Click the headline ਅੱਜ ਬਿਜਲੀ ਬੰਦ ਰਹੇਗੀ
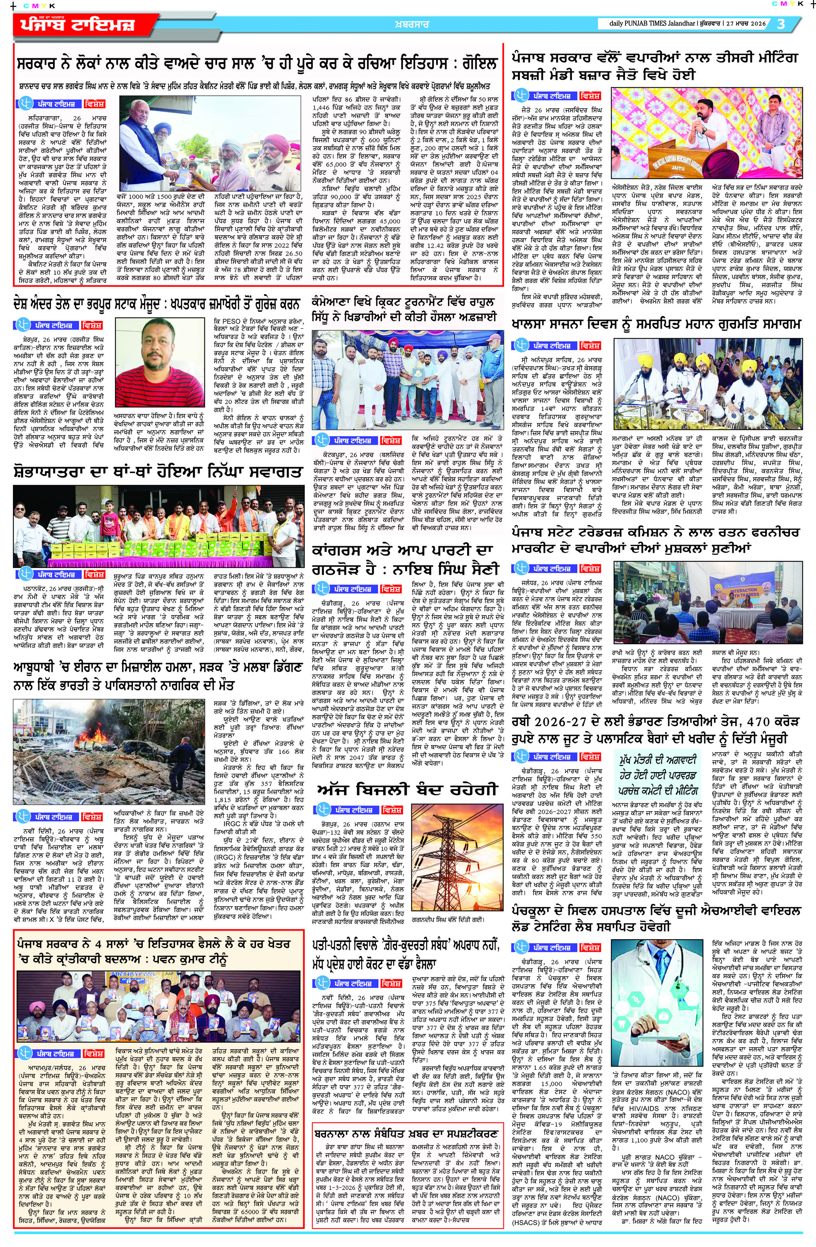tap(406, 790)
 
